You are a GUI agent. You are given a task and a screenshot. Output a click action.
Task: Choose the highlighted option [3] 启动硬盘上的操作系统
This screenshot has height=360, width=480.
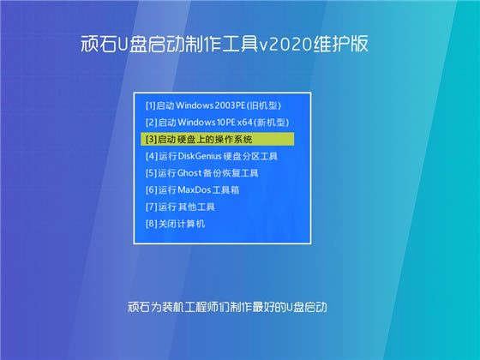click(x=199, y=139)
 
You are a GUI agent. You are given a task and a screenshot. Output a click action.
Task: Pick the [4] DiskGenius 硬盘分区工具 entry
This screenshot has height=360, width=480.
click(x=212, y=156)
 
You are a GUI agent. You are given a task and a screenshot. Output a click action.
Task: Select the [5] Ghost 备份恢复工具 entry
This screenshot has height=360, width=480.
click(x=202, y=173)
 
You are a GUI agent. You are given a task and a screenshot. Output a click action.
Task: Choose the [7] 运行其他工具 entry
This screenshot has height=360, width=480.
click(x=180, y=207)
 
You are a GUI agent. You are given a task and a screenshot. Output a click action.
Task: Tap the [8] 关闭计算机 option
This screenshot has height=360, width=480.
click(x=176, y=224)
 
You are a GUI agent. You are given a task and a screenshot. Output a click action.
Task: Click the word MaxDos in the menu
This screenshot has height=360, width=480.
click(x=195, y=189)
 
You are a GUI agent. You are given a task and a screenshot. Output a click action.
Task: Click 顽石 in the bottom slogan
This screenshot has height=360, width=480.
click(x=138, y=306)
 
